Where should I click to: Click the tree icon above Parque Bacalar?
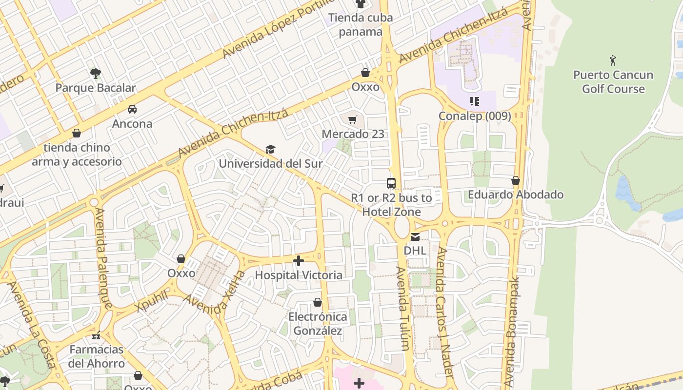point(96,74)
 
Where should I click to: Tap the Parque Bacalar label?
point(96,88)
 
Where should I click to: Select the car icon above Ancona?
point(132,109)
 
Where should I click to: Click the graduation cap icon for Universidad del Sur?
point(270,149)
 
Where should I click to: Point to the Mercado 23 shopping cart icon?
point(353,119)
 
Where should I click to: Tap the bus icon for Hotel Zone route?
point(391,183)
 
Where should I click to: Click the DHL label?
point(415,251)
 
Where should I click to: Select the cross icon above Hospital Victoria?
point(299,261)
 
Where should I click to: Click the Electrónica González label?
point(318,324)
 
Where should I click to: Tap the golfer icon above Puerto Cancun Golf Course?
point(613,60)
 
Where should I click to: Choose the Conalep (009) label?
point(475,116)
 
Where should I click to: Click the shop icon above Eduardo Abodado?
point(516,180)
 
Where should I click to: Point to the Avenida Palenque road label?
point(103,258)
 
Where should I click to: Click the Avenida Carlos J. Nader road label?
point(445,312)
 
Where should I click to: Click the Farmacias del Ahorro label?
point(97,356)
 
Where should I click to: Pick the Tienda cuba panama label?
point(361,25)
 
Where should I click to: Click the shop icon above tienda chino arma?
point(77,133)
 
